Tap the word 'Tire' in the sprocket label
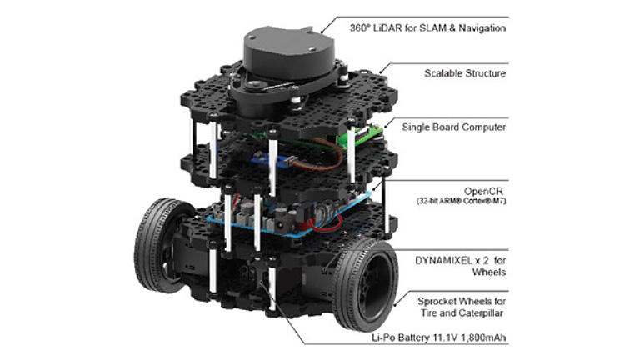click(427, 314)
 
